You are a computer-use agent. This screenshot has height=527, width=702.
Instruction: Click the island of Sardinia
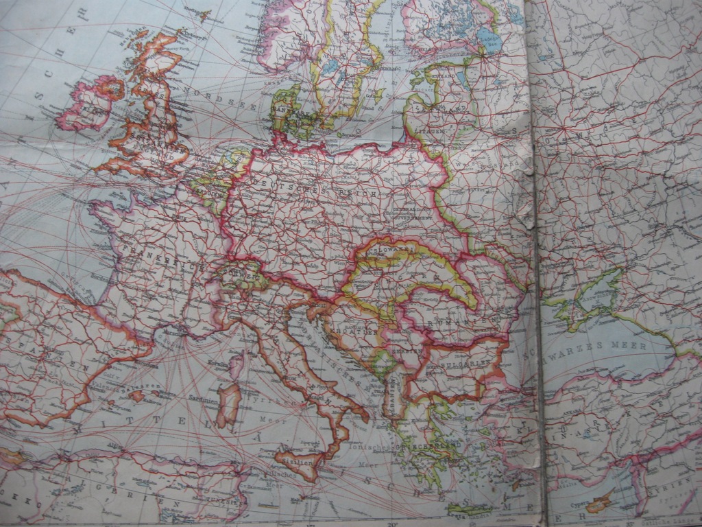point(228,404)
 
